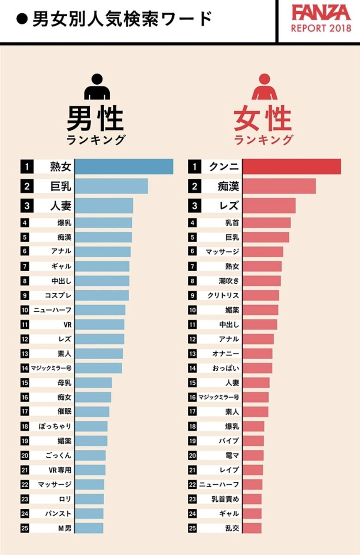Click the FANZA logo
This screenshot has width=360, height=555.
[321, 12]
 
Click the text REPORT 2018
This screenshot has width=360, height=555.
[321, 28]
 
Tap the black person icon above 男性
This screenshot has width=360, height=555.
[97, 87]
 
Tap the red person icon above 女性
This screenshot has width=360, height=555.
[264, 87]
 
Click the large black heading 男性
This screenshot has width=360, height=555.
[96, 118]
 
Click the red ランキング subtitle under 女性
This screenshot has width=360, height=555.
[264, 140]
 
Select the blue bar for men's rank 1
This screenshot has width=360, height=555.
[124, 167]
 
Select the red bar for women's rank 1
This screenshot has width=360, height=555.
[292, 167]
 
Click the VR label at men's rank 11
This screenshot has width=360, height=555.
[67, 324]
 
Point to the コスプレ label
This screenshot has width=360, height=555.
[58, 295]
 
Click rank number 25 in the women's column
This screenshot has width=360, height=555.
[193, 528]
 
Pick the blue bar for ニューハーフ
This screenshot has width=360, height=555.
[100, 310]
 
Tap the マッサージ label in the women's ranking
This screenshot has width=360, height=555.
[223, 252]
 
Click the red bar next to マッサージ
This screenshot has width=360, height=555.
[263, 252]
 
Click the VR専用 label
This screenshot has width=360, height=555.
[60, 470]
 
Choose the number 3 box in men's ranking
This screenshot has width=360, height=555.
[27, 206]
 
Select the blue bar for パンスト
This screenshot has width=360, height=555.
[89, 513]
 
